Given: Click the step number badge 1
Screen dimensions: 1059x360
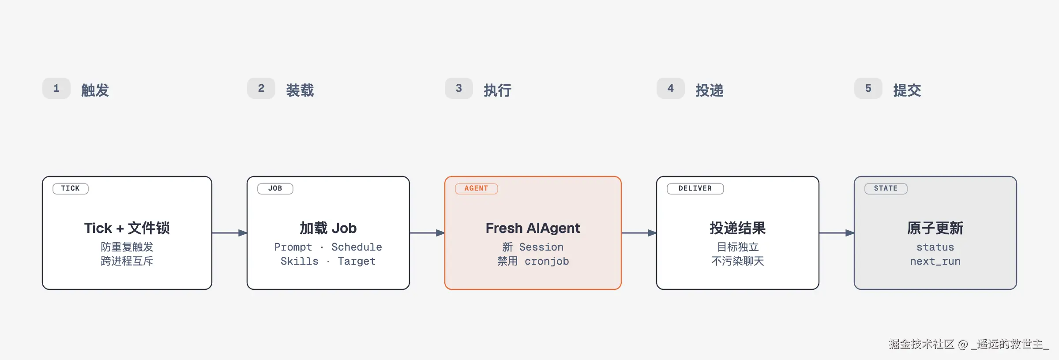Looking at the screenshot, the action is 56,88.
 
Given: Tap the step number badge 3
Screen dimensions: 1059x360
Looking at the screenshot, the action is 459,88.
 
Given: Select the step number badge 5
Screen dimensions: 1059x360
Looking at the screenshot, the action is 868,88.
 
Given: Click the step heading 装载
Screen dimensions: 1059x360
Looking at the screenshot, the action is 300,90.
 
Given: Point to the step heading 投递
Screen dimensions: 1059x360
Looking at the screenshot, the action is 710,90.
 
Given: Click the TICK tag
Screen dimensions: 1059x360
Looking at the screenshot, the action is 71,188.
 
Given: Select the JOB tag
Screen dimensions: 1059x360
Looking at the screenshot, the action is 275,188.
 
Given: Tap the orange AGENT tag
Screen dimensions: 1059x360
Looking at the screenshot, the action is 477,188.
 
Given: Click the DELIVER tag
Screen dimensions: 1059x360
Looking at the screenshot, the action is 695,188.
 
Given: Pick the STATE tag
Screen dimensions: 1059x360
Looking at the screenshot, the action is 886,188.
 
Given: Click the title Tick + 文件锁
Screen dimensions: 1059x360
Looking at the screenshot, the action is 127,228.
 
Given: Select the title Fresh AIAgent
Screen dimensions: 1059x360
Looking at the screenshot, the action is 533,228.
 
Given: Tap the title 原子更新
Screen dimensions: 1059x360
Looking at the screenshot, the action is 935,228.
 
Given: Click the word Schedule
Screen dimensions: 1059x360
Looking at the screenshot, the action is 357,247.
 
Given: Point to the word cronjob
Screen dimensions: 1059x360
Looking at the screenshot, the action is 547,262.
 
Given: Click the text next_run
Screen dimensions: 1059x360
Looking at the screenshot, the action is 935,262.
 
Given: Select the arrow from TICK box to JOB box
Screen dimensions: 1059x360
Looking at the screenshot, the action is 229,233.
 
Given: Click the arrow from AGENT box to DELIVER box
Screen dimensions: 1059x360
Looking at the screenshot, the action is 639,233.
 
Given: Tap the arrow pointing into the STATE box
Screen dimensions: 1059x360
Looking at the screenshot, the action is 837,233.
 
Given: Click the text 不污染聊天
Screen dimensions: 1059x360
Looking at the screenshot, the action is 738,261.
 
